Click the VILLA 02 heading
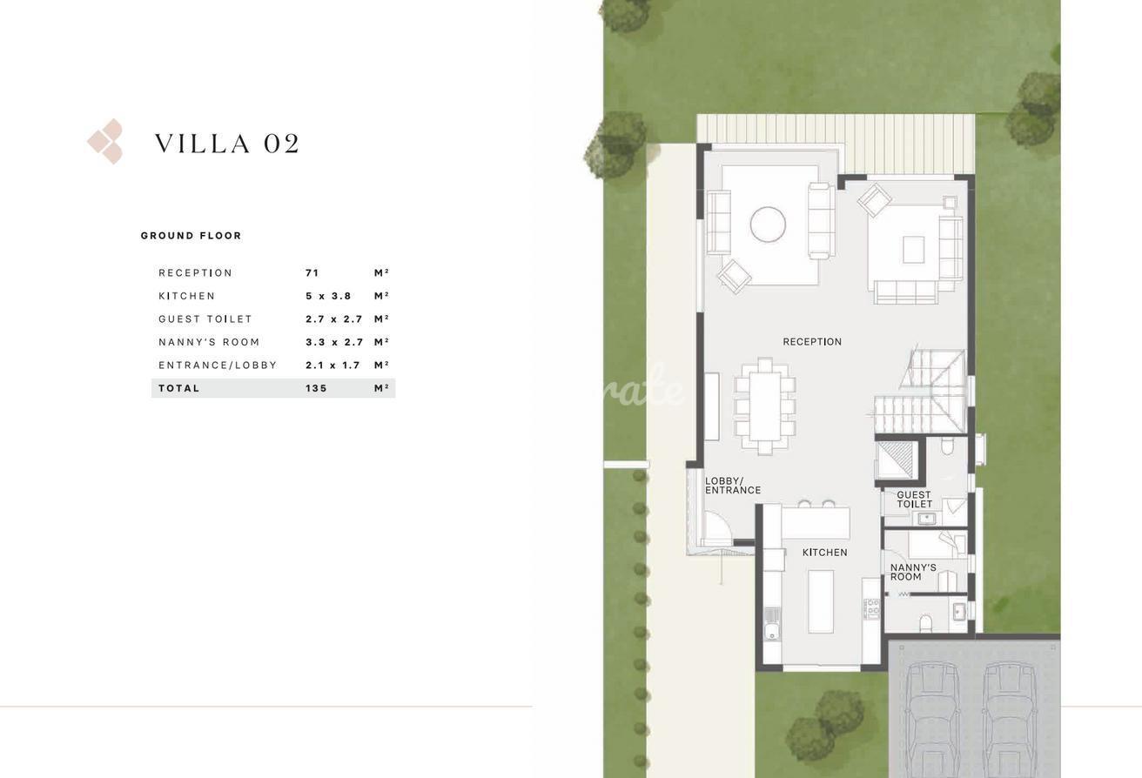point(227,144)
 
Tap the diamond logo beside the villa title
point(105,141)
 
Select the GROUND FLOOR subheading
point(191,236)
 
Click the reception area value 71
point(312,272)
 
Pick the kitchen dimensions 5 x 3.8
point(328,296)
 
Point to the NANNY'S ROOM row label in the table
point(209,342)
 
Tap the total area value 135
point(316,388)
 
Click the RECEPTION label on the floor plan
point(812,342)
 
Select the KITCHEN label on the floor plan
point(825,552)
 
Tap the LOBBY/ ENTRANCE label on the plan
point(733,486)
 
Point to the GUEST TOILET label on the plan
point(914,500)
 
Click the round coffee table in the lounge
point(768,225)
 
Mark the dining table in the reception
point(765,406)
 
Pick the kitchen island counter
point(821,601)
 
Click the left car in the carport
point(933,719)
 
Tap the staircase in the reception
point(921,391)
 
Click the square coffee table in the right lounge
point(914,249)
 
